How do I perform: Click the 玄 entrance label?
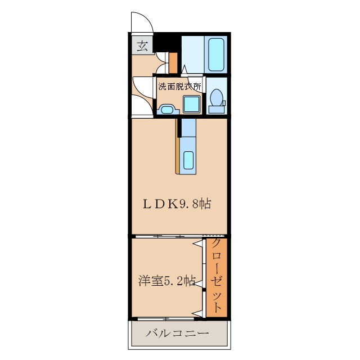(142, 46)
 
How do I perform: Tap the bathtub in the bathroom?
(216, 55)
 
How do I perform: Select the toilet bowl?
(216, 97)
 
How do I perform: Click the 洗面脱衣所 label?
(180, 87)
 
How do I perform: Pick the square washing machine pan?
(191, 104)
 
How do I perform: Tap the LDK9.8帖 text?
(177, 204)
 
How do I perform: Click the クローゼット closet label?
(216, 275)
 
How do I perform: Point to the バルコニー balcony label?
(178, 333)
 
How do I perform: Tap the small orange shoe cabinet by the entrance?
(173, 63)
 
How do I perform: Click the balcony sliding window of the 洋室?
(166, 319)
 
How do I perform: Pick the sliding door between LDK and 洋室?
(179, 236)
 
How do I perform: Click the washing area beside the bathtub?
(193, 55)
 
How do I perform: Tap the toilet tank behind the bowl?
(217, 110)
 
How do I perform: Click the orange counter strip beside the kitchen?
(178, 146)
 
